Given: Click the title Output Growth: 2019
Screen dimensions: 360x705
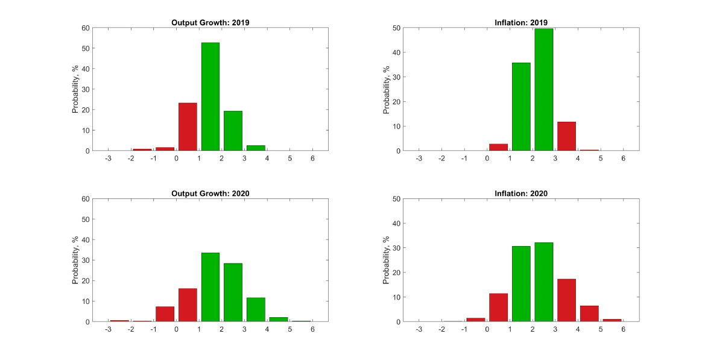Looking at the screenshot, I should click(x=210, y=23).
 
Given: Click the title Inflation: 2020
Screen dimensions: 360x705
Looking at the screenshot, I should click(x=521, y=194).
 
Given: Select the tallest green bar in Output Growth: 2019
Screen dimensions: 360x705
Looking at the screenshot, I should click(x=210, y=96).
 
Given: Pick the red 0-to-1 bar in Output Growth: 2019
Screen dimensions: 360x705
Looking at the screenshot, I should click(x=188, y=127).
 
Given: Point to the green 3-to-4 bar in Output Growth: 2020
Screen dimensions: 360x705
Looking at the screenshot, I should click(x=256, y=309).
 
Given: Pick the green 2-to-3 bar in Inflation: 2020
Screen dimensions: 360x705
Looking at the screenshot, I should click(x=544, y=282).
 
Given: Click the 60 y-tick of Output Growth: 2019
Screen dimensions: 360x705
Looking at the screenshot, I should click(x=86, y=28).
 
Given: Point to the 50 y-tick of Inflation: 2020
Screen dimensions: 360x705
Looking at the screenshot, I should click(x=397, y=199).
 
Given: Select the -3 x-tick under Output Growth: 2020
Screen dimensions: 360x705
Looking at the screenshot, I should click(x=108, y=329).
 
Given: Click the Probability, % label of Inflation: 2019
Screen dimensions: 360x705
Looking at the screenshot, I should click(x=387, y=89).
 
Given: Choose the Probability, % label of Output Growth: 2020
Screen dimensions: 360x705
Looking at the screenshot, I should click(x=75, y=260).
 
